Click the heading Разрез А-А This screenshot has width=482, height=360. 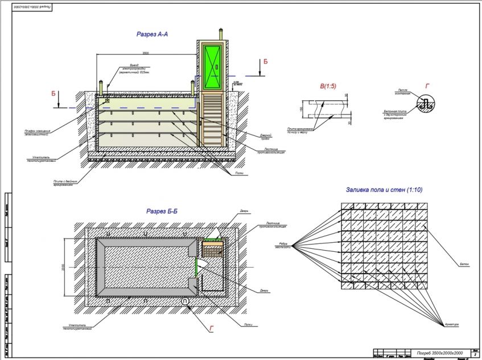152,34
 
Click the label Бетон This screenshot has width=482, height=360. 464,264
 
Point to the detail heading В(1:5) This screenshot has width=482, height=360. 328,86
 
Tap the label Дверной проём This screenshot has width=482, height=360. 269,136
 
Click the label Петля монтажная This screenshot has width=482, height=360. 403,92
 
